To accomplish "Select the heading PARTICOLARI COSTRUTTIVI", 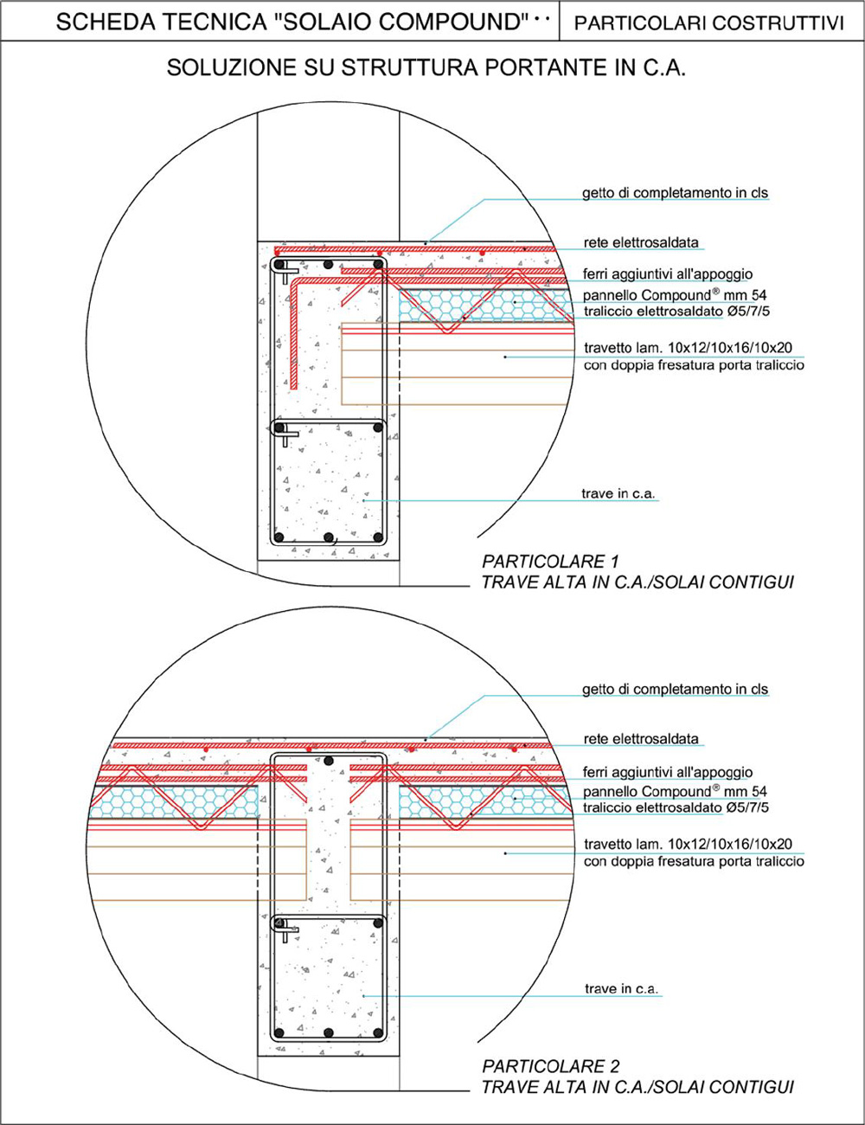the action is pyautogui.click(x=709, y=22).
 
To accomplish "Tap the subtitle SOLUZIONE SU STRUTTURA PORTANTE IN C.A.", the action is pyautogui.click(x=426, y=67).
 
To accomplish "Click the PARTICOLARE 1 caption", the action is pyautogui.click(x=550, y=562).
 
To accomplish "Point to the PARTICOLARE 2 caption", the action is pyautogui.click(x=551, y=1066).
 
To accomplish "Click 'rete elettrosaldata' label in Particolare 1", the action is pyautogui.click(x=641, y=242).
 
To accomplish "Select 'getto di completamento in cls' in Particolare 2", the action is pyautogui.click(x=676, y=690).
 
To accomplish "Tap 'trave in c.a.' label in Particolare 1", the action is pyautogui.click(x=618, y=493).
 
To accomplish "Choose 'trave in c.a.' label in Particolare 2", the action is pyautogui.click(x=621, y=989).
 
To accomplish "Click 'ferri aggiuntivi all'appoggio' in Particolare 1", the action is pyautogui.click(x=668, y=273).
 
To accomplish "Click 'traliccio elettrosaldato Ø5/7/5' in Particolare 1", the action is pyautogui.click(x=676, y=312).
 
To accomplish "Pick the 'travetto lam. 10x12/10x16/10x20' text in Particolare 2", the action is pyautogui.click(x=688, y=845).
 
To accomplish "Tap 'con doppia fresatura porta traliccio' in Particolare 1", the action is pyautogui.click(x=695, y=365).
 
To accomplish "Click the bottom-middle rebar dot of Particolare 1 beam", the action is pyautogui.click(x=328, y=537).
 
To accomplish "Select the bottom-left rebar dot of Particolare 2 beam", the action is pyautogui.click(x=279, y=1033).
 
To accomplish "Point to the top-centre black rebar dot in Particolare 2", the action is pyautogui.click(x=328, y=761).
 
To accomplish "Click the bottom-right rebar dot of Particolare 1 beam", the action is pyautogui.click(x=378, y=537).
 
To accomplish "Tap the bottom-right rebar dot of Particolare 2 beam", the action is pyautogui.click(x=378, y=1033).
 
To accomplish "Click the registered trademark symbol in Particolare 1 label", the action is pyautogui.click(x=715, y=291).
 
